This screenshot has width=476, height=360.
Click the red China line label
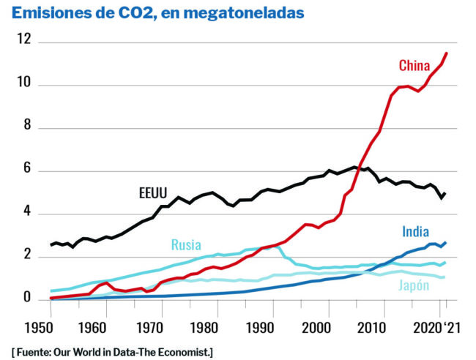[414, 66]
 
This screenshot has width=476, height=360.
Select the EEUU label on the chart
[154, 194]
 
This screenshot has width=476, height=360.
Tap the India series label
[416, 232]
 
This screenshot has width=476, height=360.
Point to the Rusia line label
[186, 245]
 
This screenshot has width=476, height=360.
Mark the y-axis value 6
[28, 170]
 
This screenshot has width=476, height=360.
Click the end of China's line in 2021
[447, 53]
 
